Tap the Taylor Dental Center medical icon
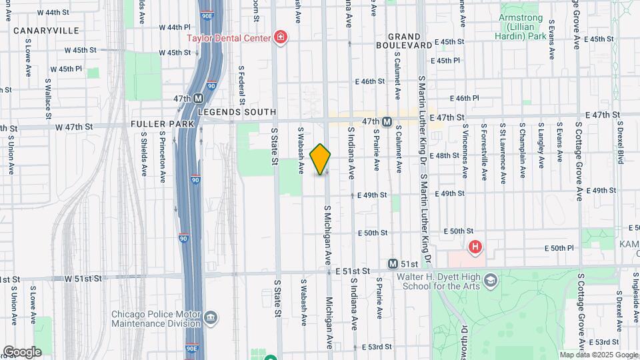tap(280, 37)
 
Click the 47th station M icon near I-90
tap(198, 99)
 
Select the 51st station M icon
tap(393, 264)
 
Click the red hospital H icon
tap(475, 248)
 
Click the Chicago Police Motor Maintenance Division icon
tap(211, 317)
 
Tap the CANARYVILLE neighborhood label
tap(46, 31)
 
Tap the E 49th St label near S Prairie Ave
tap(372, 195)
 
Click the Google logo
tap(21, 351)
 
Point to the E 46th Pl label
tap(467, 97)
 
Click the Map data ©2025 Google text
tap(598, 355)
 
